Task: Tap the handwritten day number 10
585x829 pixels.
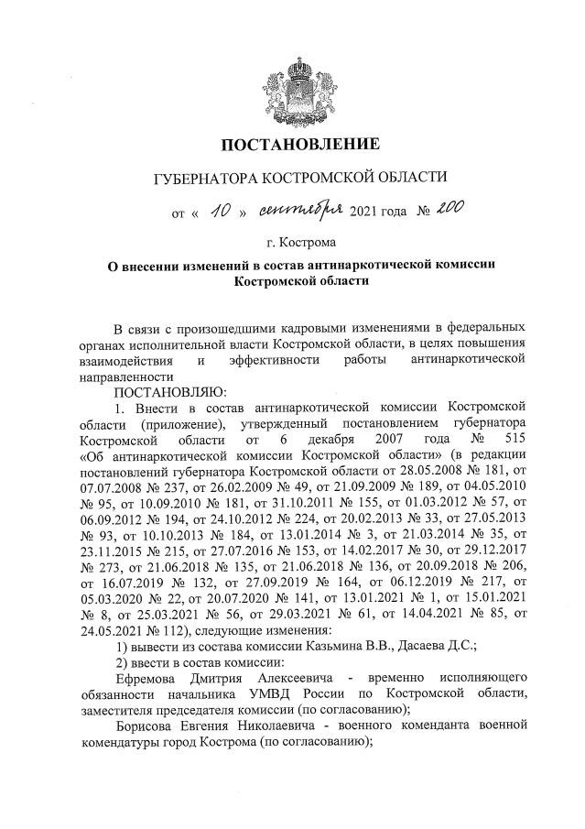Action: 220,213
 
